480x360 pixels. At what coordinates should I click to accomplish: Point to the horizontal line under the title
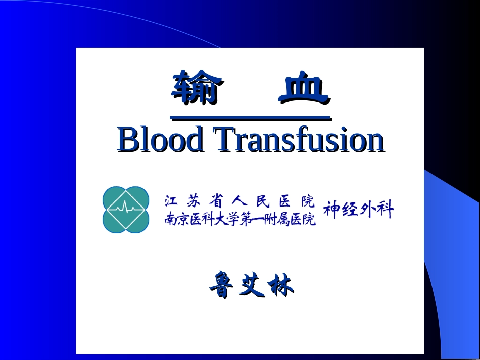251,118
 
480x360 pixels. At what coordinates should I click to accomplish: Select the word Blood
160,140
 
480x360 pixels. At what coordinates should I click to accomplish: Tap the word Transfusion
299,140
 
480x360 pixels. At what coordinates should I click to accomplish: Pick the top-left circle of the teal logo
115,198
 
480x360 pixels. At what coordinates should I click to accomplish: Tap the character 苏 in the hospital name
194,201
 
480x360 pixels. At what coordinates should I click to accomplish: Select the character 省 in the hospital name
217,201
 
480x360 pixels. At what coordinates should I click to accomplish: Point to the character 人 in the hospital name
239,201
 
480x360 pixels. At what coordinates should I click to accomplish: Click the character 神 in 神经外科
332,210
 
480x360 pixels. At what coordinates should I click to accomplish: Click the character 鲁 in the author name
222,286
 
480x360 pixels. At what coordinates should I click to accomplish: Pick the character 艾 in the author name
251,286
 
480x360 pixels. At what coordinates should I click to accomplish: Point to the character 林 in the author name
281,286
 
